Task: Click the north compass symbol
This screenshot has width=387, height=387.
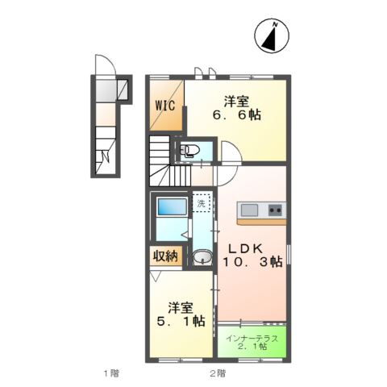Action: (x=274, y=35)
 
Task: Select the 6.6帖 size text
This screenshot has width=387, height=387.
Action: (x=236, y=116)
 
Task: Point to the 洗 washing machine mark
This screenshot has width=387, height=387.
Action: (x=202, y=205)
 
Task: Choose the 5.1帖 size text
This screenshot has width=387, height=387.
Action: (x=181, y=322)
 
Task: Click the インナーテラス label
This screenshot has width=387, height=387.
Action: (x=252, y=338)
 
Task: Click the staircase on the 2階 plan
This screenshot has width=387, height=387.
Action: (x=164, y=161)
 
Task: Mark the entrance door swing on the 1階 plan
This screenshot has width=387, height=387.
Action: (x=102, y=64)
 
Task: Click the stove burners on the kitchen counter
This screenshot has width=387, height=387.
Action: (x=275, y=210)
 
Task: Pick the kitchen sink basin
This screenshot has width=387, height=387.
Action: (x=249, y=210)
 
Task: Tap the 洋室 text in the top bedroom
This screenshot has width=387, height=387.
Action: (x=235, y=102)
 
